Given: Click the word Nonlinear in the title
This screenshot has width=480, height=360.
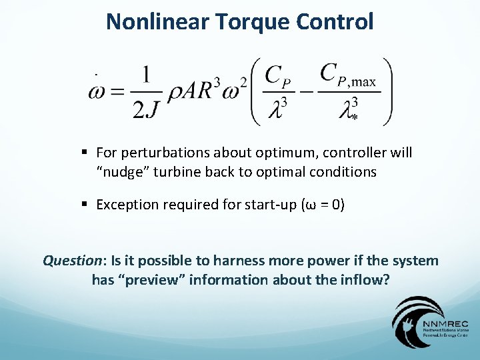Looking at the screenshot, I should (157, 21).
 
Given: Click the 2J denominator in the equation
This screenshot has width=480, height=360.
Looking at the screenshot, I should (147, 109).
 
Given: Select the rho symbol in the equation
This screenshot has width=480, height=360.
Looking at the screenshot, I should (174, 93).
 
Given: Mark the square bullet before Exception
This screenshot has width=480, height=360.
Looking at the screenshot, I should (87, 205).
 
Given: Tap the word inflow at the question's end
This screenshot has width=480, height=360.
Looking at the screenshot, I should (364, 279).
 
